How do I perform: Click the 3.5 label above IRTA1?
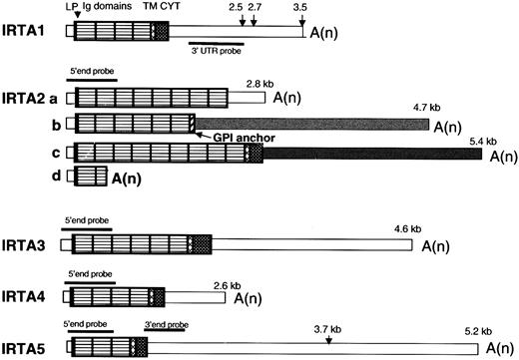coord(301,7)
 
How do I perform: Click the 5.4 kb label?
coord(482,141)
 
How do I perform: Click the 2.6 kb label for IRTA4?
coord(228,284)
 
